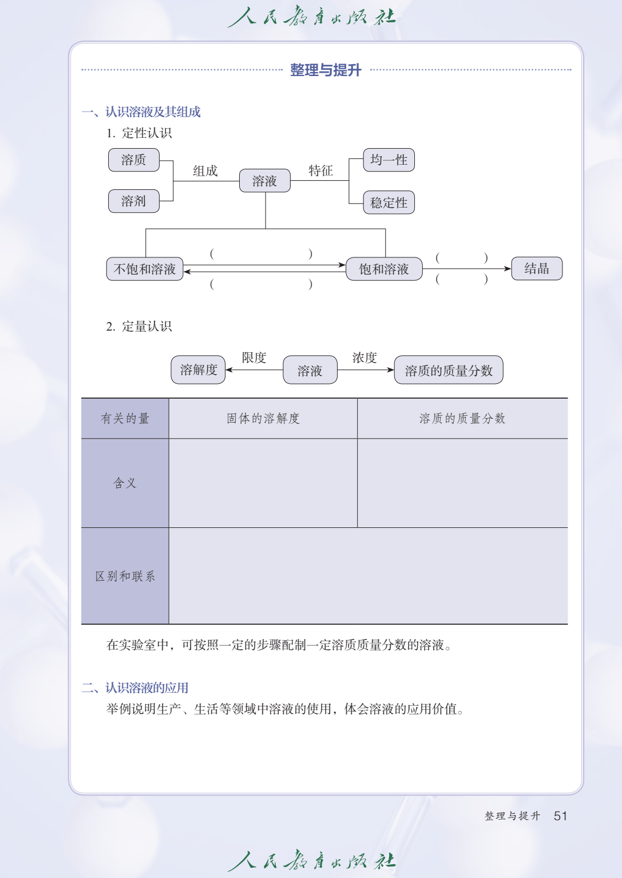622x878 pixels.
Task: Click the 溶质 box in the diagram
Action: click(x=134, y=160)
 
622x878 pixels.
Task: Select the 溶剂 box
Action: click(x=134, y=201)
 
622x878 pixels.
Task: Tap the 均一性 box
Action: click(x=389, y=160)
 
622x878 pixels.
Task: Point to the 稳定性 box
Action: click(x=389, y=202)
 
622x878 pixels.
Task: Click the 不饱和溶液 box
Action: click(x=145, y=269)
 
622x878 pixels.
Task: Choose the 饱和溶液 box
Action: click(x=384, y=269)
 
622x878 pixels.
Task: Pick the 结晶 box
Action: click(x=537, y=268)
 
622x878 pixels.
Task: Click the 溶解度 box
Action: click(x=198, y=370)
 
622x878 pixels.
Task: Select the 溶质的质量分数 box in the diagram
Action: click(x=449, y=370)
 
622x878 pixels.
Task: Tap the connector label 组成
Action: click(x=205, y=171)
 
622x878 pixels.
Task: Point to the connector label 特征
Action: click(x=321, y=170)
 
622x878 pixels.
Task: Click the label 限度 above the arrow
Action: click(x=254, y=357)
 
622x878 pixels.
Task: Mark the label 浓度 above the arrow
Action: click(x=365, y=357)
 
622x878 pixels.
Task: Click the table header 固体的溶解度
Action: click(x=263, y=419)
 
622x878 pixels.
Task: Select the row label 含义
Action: click(x=125, y=483)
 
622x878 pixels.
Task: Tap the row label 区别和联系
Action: click(x=125, y=576)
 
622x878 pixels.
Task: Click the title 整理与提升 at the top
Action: click(x=326, y=70)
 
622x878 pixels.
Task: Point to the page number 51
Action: click(x=560, y=816)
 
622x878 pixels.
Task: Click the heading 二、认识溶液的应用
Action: click(x=135, y=688)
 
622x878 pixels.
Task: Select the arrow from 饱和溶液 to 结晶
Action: click(x=467, y=269)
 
